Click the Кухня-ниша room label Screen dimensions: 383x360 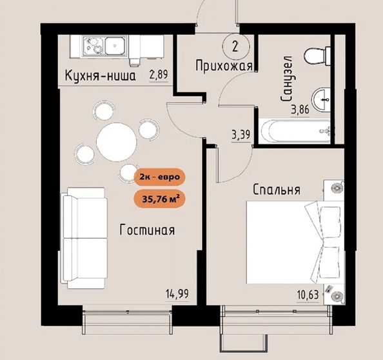click(x=100, y=75)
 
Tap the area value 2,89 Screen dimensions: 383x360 click(x=159, y=75)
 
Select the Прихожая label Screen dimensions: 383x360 click(x=224, y=66)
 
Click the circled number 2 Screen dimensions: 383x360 click(x=236, y=46)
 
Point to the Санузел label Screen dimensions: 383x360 click(x=286, y=79)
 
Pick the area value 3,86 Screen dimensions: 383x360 click(x=300, y=110)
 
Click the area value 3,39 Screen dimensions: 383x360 click(x=241, y=135)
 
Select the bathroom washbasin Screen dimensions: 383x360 click(x=320, y=100)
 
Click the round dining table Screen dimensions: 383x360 click(x=117, y=142)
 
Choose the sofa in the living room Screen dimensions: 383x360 click(x=84, y=238)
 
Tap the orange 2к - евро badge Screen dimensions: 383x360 click(x=160, y=177)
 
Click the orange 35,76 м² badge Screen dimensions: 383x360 click(x=159, y=199)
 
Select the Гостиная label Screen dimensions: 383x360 click(x=147, y=230)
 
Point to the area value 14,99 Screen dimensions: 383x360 click(x=177, y=294)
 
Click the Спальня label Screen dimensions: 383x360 click(x=277, y=190)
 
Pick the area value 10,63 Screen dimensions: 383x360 click(x=308, y=295)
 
